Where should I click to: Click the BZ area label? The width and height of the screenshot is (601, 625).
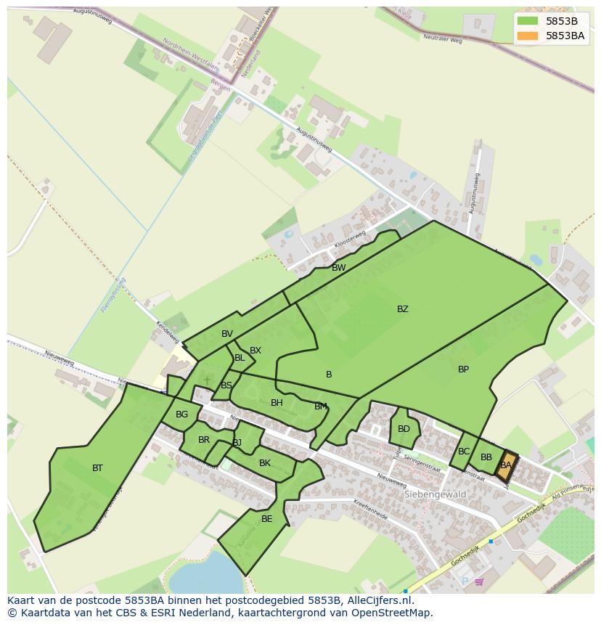[402, 309]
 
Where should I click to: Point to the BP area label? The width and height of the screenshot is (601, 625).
[463, 369]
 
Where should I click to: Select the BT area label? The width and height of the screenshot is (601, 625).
[97, 468]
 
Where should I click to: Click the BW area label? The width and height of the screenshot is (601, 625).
[338, 268]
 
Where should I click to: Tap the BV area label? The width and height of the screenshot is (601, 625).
[227, 334]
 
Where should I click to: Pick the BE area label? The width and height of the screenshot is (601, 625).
[266, 519]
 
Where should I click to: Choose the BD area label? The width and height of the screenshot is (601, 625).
[404, 429]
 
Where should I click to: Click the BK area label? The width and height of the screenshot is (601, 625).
[264, 463]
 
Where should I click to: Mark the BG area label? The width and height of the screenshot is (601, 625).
[181, 415]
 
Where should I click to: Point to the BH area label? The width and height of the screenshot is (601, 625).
[277, 403]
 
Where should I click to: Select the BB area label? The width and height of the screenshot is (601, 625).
[486, 457]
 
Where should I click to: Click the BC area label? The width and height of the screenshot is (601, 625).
[464, 452]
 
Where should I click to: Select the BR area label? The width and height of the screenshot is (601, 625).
[204, 440]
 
